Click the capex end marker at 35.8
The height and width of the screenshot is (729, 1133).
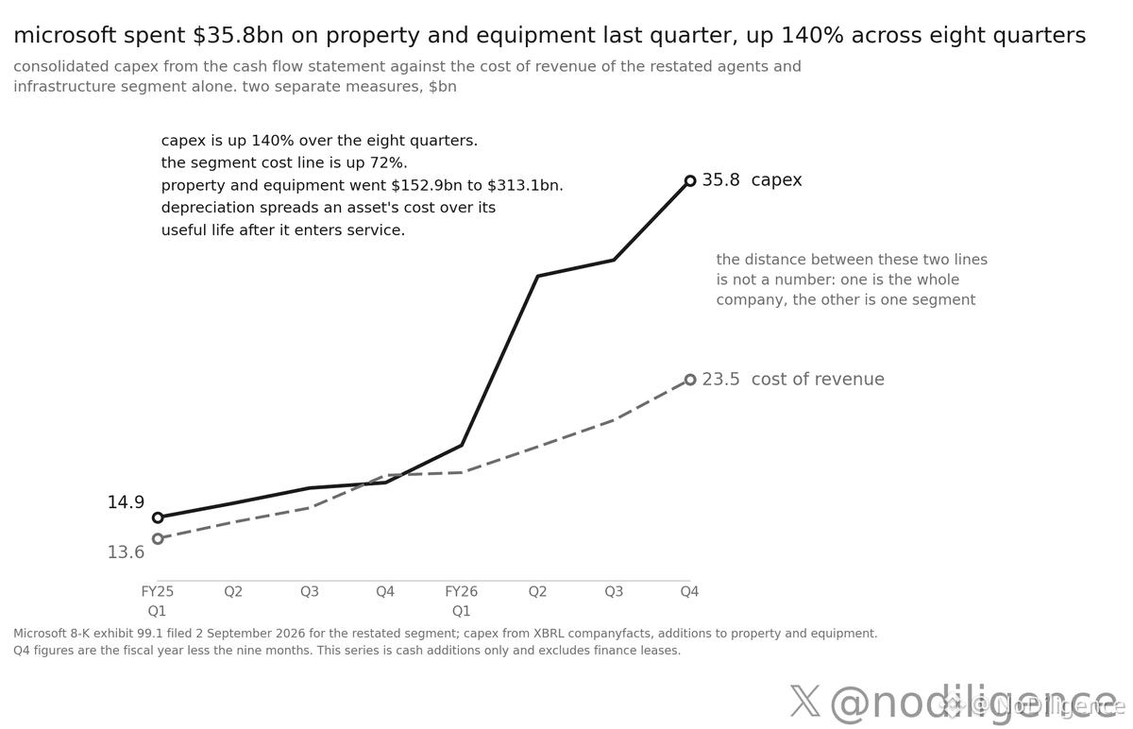pos(690,180)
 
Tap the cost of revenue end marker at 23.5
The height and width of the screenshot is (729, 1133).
pos(690,380)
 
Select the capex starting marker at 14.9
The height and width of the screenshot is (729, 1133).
pos(158,517)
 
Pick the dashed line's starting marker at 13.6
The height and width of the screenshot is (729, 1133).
pos(158,538)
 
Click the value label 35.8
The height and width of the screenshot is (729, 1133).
pos(720,180)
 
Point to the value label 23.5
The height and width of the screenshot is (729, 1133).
pos(720,380)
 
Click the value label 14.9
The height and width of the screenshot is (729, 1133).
pos(126,502)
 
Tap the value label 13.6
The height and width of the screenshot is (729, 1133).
pos(126,551)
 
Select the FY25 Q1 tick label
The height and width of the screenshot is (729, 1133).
pos(158,601)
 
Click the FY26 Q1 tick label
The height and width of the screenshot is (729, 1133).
pos(462,601)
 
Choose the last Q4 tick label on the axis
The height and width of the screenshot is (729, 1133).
pos(689,591)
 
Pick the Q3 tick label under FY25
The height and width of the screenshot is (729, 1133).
pos(310,591)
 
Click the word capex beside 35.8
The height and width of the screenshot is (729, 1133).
pos(776,180)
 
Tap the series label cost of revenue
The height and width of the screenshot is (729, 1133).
pos(818,380)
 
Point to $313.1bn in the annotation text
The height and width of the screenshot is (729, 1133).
pos(525,186)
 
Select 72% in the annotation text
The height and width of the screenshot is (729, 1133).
pos(392,163)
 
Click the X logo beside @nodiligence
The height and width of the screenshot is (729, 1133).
pos(805,702)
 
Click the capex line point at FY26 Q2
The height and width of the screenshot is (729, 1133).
pos(537,276)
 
